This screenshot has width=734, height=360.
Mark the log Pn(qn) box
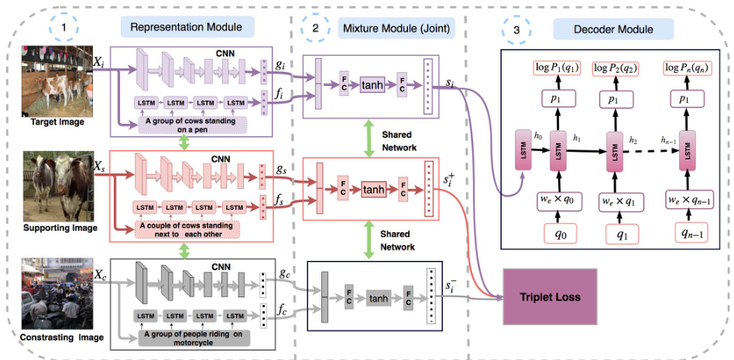coord(688,67)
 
